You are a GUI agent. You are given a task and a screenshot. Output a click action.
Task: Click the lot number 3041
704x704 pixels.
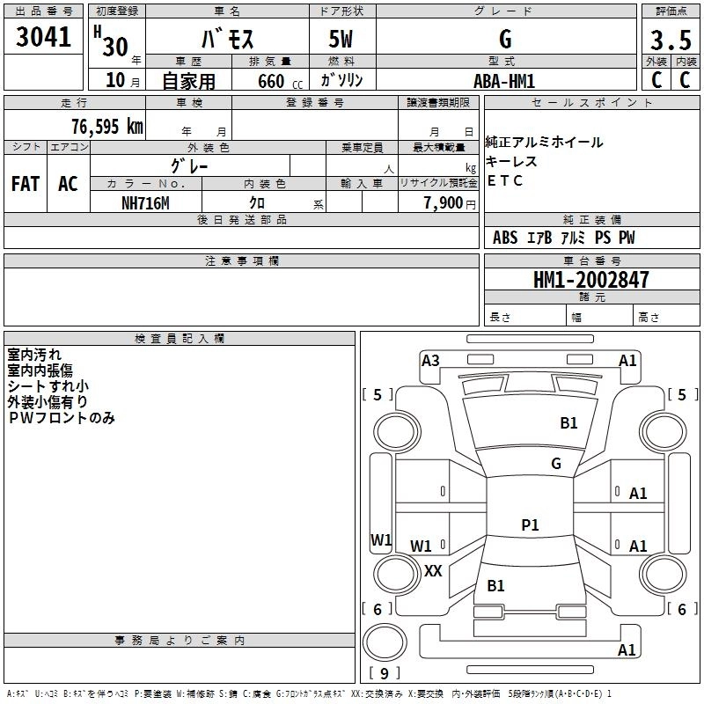[43, 37]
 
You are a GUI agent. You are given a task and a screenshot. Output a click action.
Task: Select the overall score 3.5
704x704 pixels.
[671, 40]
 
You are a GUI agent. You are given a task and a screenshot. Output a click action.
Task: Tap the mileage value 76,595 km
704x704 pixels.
[107, 127]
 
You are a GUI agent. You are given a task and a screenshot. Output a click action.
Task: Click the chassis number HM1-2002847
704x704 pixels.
[590, 280]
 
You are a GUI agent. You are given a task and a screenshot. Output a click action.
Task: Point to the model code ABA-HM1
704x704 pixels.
[504, 81]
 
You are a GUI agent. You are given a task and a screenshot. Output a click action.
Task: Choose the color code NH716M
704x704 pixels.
[145, 203]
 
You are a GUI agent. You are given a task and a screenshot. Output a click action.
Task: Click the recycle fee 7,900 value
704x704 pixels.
[444, 203]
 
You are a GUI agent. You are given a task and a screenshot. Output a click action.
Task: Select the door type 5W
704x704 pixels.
[341, 39]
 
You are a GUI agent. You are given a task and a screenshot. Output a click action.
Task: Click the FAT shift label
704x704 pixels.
[26, 184]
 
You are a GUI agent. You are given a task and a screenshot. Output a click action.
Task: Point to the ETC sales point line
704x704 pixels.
[504, 180]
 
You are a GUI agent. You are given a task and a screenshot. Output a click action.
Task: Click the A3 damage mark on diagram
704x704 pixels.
[430, 361]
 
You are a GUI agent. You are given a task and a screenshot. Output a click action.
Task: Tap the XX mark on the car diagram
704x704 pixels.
[433, 571]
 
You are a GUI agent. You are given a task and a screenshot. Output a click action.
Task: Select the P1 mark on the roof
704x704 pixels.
[530, 524]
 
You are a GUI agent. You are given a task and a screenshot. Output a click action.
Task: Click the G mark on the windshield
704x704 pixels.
[556, 464]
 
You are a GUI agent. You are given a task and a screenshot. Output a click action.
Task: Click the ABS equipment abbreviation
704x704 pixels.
[505, 238]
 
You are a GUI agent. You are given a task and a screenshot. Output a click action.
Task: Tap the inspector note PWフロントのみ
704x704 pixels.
[62, 418]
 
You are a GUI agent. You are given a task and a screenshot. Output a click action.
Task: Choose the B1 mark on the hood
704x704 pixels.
[568, 423]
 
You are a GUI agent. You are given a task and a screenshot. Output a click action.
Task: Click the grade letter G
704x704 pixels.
[505, 39]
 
